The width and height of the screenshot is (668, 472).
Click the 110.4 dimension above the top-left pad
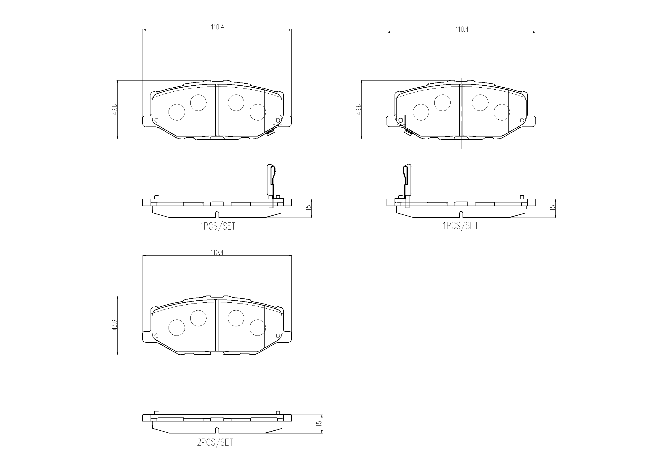point(217,27)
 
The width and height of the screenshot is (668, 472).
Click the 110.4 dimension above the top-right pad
point(462,29)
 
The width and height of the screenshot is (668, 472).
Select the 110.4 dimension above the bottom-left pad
point(217,252)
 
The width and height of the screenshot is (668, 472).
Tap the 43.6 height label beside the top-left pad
point(114,109)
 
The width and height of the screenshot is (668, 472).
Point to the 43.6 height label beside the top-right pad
point(359,109)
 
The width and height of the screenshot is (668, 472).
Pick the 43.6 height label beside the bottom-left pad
point(114,325)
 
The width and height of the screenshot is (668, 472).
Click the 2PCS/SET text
point(215,442)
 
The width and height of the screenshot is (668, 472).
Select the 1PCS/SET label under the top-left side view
point(218,226)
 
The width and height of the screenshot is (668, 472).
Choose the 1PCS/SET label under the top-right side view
point(461,226)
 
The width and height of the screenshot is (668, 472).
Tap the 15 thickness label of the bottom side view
point(319,423)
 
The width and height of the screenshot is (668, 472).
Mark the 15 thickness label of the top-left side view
point(309,208)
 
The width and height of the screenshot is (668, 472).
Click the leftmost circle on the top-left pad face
point(177,112)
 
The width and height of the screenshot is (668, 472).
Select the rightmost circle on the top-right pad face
point(502,112)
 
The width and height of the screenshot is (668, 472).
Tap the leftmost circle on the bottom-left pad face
point(177,328)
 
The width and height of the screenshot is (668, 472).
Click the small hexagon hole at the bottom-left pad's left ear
point(157,335)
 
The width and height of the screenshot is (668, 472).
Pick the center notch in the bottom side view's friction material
point(217,429)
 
